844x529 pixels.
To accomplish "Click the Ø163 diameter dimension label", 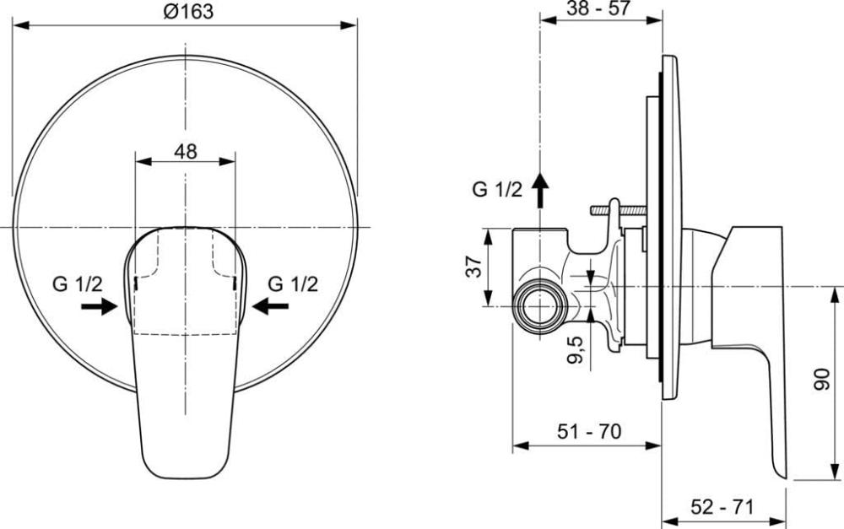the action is [188, 11].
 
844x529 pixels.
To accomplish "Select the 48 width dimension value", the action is [186, 152].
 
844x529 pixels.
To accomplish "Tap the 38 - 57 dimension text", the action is [598, 8].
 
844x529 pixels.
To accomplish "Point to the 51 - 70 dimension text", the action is [589, 431].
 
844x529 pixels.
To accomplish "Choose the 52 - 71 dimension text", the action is [722, 506].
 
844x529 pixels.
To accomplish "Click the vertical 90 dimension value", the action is [822, 380].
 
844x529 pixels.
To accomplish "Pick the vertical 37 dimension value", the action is [473, 267].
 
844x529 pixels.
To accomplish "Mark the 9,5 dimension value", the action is [576, 349].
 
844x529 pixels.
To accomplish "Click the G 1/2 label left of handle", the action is [77, 283].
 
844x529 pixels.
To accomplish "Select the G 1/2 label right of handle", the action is [294, 283].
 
